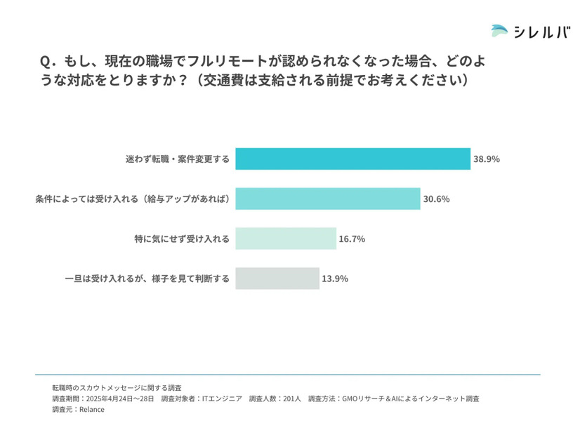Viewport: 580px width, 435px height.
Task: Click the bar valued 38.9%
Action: point(352,159)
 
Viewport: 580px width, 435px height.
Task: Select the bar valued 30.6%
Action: point(327,199)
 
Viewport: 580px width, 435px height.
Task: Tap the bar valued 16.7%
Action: point(286,239)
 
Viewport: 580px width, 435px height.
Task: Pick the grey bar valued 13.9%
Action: point(277,279)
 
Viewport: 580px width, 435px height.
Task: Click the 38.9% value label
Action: point(487,159)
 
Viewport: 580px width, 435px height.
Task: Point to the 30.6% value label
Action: point(436,199)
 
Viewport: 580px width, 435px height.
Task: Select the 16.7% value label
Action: point(352,239)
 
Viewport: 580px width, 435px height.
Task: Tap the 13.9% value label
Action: point(335,279)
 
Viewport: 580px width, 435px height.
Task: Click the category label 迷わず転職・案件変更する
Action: point(177,159)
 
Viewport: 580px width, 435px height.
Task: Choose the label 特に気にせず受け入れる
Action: point(182,239)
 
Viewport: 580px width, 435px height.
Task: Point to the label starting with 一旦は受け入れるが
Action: point(147,279)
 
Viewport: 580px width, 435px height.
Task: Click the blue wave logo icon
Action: point(500,32)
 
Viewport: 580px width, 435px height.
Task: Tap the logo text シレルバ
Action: point(542,32)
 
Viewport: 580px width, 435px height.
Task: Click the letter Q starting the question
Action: point(46,61)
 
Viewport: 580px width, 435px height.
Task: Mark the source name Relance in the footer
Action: point(91,410)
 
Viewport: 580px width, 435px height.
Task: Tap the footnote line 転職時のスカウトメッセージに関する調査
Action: point(117,387)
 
